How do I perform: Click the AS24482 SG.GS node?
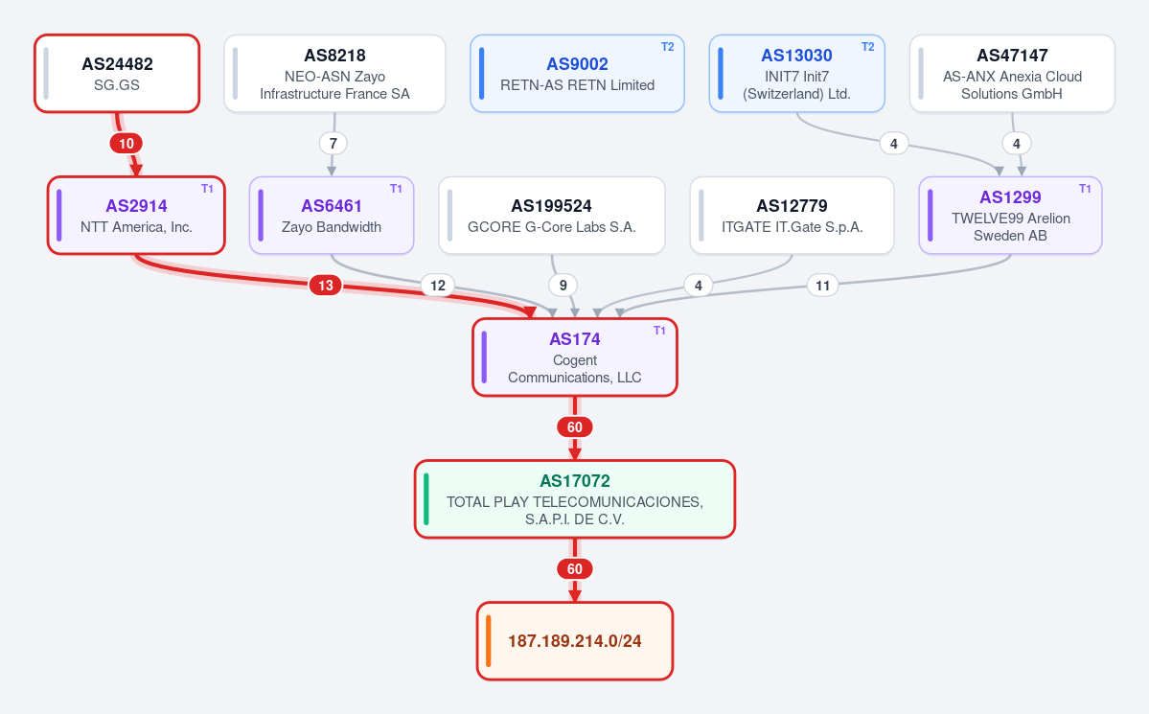pos(117,73)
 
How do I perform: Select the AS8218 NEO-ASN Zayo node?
pos(334,73)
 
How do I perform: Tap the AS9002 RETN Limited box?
pos(578,73)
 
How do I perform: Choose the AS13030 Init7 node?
pos(796,73)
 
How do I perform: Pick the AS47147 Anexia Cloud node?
pos(1012,73)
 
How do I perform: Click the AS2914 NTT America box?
pos(136,216)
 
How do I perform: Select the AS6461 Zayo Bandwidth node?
pos(332,216)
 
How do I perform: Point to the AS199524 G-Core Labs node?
pos(552,216)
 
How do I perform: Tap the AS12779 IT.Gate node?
pos(793,216)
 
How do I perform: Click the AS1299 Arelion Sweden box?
pos(1010,216)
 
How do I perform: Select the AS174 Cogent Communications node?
pos(575,357)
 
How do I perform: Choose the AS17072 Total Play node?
pos(575,499)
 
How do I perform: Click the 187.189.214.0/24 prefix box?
pos(575,641)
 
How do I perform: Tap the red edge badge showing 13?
pos(326,286)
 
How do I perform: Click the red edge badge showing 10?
pos(126,144)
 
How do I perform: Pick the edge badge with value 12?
pos(438,286)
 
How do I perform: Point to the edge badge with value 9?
pos(563,286)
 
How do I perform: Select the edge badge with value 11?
pos(823,286)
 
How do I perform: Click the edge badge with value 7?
pos(333,144)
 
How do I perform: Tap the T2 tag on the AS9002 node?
pos(668,47)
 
